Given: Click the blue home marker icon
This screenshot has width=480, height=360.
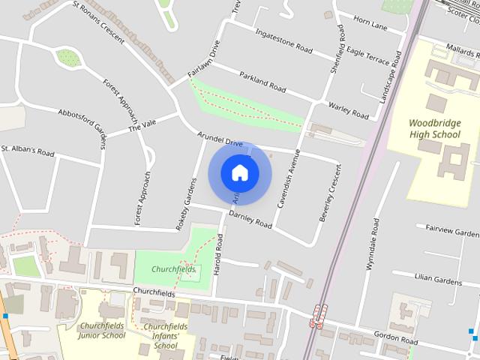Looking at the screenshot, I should (x=239, y=172).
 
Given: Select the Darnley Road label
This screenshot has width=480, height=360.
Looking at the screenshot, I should (x=250, y=219).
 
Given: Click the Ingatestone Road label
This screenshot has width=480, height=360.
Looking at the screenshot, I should (x=283, y=41).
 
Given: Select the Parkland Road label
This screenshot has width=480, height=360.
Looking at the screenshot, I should (x=262, y=81).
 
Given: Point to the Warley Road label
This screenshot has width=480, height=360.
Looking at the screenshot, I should (x=349, y=111).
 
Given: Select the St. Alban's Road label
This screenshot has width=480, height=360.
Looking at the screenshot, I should (x=28, y=152).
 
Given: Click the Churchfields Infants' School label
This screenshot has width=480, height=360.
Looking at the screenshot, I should (x=165, y=336).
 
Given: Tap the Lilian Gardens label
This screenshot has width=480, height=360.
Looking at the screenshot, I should (x=439, y=279).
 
